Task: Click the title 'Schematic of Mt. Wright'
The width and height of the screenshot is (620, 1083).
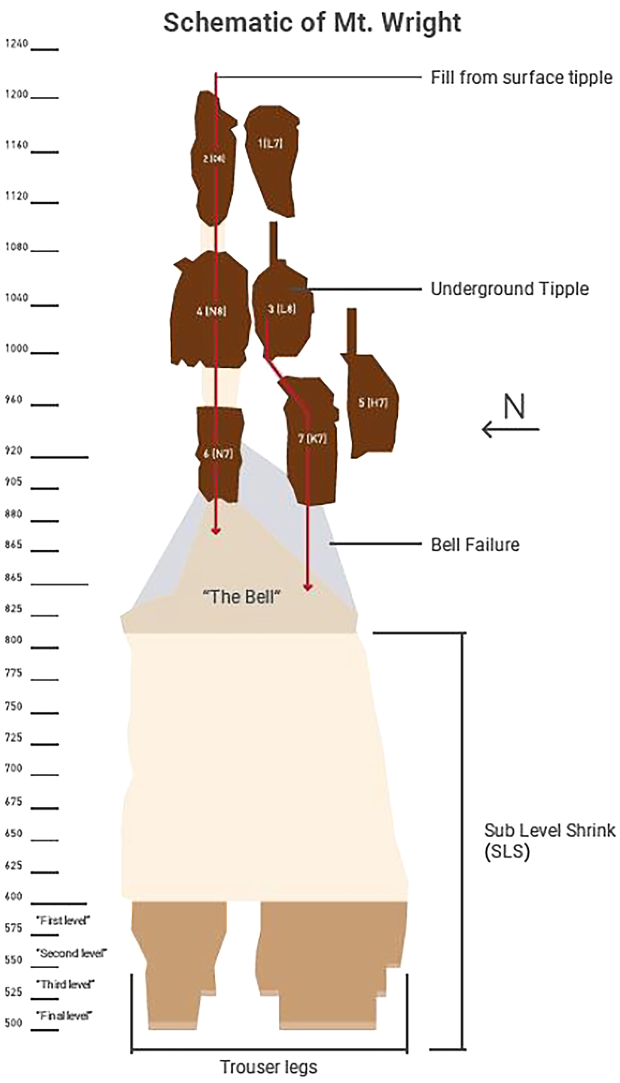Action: [x=312, y=23]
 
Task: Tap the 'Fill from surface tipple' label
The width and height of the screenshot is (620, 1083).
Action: [x=521, y=77]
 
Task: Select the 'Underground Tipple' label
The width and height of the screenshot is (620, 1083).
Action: [x=509, y=289]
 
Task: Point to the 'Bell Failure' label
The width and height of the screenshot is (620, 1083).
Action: [x=475, y=545]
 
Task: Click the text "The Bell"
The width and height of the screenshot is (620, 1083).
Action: [x=242, y=597]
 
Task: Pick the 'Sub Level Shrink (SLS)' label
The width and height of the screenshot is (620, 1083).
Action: [x=549, y=841]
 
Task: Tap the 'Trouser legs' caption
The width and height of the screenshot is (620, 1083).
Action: [x=269, y=1067]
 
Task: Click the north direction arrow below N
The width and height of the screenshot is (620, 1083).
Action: [x=511, y=429]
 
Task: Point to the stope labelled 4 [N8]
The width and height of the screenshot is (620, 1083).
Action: [x=211, y=312]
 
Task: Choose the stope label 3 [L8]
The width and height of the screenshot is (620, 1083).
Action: [x=282, y=309]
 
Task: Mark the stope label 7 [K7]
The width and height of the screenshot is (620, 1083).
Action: [x=312, y=438]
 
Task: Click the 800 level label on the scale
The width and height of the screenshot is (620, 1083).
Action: [x=13, y=639]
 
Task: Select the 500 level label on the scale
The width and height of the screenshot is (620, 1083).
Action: [x=13, y=1022]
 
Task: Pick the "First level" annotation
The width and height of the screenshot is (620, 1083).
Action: [x=64, y=920]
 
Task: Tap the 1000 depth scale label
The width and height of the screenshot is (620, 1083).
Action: [x=17, y=349]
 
